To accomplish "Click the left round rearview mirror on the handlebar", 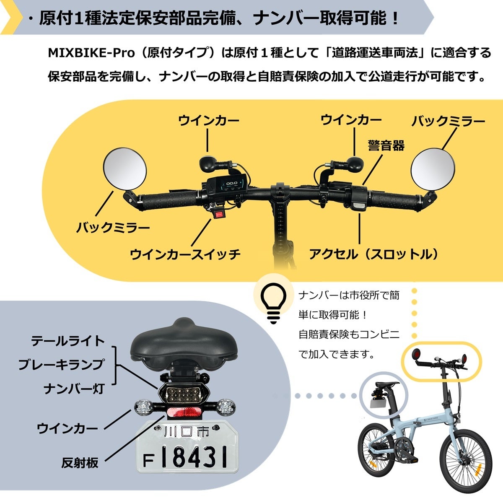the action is pos(125,169).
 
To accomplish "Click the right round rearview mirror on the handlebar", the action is pos(433,169).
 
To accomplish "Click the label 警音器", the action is pos(386,145).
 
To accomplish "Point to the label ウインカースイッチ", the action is pos(185,254).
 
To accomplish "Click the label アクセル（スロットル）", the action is pos(374,254).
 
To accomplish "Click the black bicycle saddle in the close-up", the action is pos(184,346).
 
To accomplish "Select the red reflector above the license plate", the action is pos(184,420).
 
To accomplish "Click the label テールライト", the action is pos(68,341).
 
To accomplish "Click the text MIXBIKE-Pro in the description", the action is pos(91,53).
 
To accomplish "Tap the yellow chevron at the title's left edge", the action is pos(12,17).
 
